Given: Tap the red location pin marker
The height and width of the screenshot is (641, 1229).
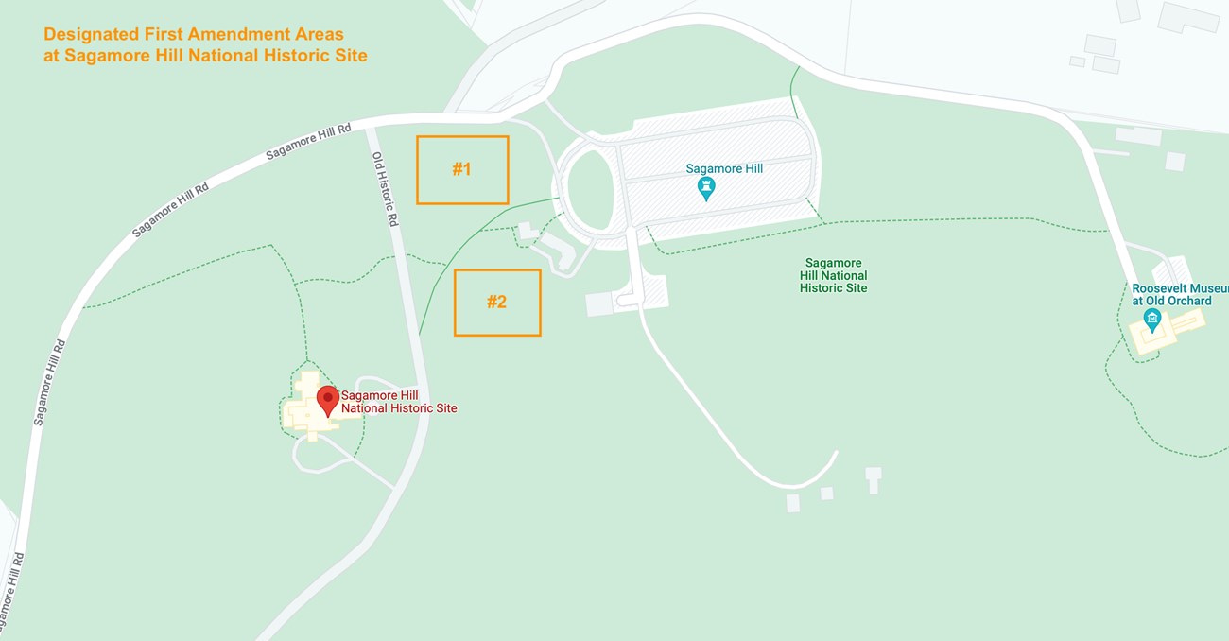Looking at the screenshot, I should (x=327, y=400).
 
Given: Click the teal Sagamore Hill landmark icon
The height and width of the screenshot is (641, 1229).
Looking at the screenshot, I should (x=705, y=189).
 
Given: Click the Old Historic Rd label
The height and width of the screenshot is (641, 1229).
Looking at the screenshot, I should (x=384, y=188).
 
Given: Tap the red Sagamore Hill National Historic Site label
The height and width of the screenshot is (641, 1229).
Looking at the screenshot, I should (x=399, y=402).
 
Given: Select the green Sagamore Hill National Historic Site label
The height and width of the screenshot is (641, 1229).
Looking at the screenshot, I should (x=833, y=275).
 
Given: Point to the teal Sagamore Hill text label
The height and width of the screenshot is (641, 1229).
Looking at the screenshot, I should (x=724, y=168).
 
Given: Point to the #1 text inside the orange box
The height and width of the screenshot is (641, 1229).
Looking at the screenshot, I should (x=461, y=170).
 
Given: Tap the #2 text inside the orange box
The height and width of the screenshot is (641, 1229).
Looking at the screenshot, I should (x=496, y=303).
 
